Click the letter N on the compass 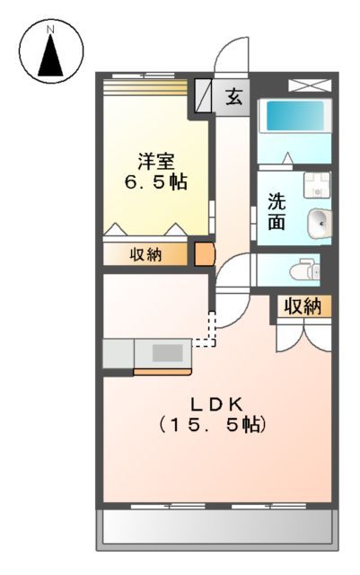point(51,29)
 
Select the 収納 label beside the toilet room point(303,307)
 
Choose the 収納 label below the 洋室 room point(146,254)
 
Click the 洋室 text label point(155,161)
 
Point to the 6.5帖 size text point(155,181)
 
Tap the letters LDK point(212,403)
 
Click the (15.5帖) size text point(212,424)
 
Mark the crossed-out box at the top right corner point(302,86)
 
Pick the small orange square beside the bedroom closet point(205,254)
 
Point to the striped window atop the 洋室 point(145,86)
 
